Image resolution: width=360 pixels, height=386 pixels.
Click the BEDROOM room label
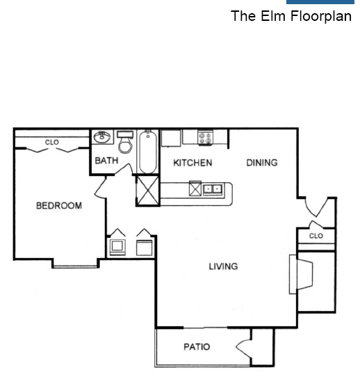[x=59, y=206]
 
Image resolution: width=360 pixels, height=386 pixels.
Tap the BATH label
[x=106, y=161]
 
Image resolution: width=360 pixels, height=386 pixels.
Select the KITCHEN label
[x=193, y=163]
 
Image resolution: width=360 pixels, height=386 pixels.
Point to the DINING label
[x=262, y=163]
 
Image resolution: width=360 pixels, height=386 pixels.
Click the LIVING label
[x=223, y=266]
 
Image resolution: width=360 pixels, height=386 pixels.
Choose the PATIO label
[x=197, y=347]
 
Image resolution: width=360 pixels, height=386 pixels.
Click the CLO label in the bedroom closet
[x=52, y=142]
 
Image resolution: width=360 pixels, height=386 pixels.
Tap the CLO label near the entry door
[x=316, y=236]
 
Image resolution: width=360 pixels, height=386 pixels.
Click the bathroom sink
[x=102, y=137]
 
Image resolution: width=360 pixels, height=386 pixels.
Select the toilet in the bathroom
[x=126, y=143]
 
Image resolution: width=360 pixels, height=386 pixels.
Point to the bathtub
[x=148, y=152]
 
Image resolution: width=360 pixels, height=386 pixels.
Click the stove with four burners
[x=205, y=138]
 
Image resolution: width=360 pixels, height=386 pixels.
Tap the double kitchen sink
[x=213, y=189]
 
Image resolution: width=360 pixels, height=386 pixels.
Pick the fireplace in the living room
[x=301, y=274]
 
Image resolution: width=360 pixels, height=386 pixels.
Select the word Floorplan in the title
[x=321, y=17]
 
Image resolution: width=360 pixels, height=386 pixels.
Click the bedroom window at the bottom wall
[x=76, y=266]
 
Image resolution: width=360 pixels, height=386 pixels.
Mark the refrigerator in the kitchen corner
[x=171, y=138]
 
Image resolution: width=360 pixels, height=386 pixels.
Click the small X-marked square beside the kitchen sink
[x=195, y=188]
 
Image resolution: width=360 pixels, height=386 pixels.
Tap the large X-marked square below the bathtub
[x=147, y=190]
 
